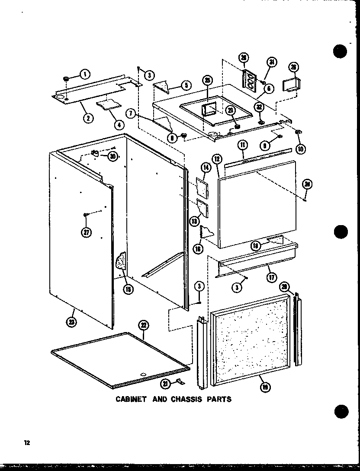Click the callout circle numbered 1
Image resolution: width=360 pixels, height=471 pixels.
(85, 74)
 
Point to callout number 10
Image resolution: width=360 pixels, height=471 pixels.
(300, 149)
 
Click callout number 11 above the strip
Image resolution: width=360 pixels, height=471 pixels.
(243, 146)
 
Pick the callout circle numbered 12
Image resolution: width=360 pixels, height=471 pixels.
(216, 159)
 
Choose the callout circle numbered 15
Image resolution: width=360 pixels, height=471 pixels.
(128, 289)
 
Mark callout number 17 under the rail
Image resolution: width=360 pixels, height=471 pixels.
(271, 277)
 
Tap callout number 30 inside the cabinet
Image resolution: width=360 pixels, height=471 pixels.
(113, 156)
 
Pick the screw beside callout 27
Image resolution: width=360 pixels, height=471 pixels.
(87, 215)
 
